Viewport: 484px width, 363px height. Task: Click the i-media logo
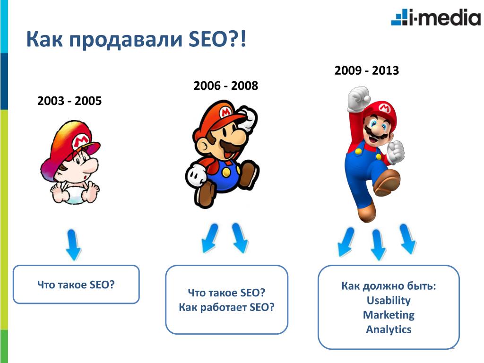click(x=436, y=17)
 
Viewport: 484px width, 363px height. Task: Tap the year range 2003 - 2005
click(x=69, y=101)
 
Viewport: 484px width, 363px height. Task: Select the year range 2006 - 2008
click(x=225, y=86)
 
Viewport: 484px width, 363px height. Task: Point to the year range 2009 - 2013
click(x=367, y=70)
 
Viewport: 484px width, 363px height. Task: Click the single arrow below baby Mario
click(x=73, y=244)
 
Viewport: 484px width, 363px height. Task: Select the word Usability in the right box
click(x=389, y=300)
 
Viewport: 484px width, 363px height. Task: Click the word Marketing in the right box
click(x=389, y=315)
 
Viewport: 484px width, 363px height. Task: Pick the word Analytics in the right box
click(x=389, y=329)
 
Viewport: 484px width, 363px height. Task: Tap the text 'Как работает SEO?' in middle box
click(x=226, y=307)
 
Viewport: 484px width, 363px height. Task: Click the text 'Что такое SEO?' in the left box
click(x=76, y=284)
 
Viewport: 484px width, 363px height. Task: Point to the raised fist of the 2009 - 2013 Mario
click(x=358, y=99)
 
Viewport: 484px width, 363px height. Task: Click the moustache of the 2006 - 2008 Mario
click(x=232, y=147)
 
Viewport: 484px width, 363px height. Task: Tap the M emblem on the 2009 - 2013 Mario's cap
click(x=385, y=108)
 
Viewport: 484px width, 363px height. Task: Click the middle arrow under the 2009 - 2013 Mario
click(x=378, y=245)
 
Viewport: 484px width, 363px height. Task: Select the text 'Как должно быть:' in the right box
click(x=389, y=286)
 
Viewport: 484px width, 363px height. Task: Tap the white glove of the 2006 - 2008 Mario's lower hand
click(x=196, y=175)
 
